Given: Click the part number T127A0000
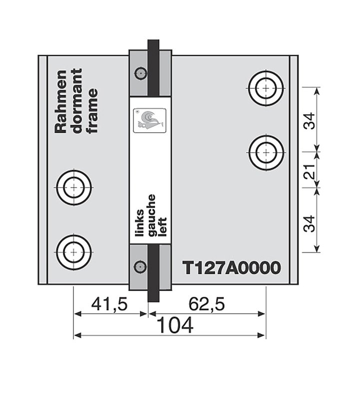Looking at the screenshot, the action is pos(232,268).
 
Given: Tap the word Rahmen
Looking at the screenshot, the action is pos(61,101).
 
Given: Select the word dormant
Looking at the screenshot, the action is pos(77,101).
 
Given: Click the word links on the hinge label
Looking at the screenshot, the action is pos(140,223).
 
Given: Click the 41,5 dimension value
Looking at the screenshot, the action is pos(109,304).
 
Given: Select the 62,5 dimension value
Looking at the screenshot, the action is pos(207,304).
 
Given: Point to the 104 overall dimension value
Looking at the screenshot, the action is pos(176,326).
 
